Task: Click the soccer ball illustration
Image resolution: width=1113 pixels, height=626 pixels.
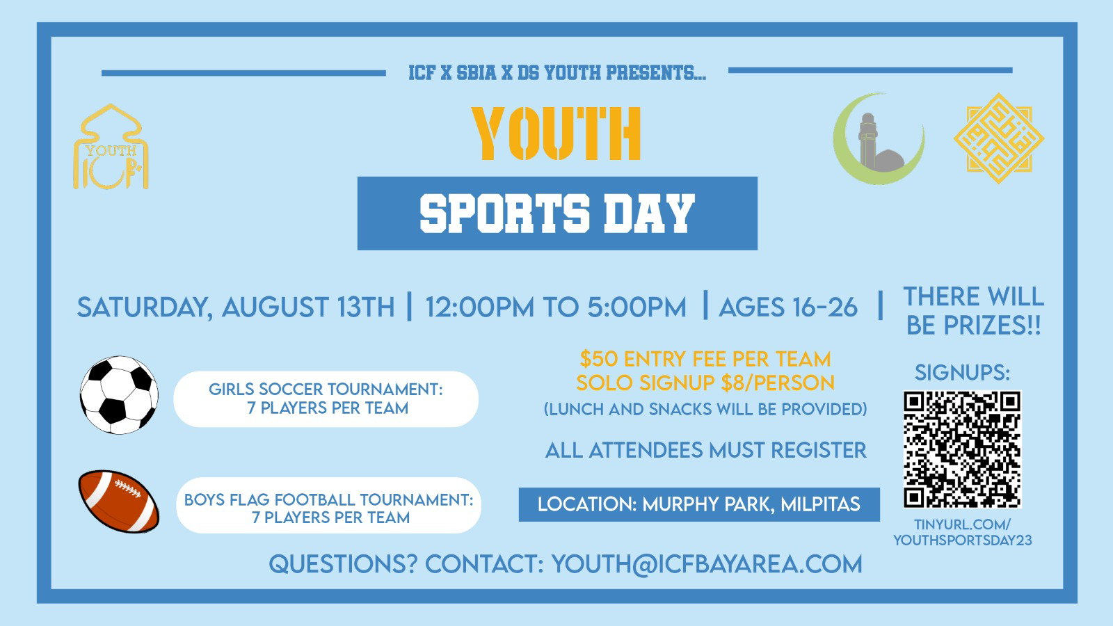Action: coord(119,395)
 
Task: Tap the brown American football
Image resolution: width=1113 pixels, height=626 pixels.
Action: coord(119,501)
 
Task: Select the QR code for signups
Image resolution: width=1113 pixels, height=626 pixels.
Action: coord(962,449)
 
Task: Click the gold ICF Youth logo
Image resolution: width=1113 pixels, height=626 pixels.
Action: coord(111,147)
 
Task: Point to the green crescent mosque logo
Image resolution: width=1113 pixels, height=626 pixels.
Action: coord(879,139)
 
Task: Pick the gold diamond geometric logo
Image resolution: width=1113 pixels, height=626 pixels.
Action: coord(999,138)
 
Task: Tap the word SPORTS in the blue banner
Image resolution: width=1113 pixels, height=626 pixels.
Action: coord(505,214)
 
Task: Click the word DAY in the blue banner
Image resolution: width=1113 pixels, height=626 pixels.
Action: coord(650,214)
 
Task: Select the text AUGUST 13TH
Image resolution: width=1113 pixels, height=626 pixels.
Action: coord(308,307)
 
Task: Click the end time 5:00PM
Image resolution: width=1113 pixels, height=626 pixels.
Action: coord(636,307)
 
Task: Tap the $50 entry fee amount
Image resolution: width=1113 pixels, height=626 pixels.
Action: coord(599,359)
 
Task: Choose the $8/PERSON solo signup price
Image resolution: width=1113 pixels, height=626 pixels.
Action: coord(778,383)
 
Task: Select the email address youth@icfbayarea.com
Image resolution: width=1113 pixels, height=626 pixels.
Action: coord(707,564)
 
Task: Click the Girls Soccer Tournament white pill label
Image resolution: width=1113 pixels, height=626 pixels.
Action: coord(326,399)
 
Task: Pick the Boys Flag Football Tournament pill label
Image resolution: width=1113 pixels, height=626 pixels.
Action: coord(328,505)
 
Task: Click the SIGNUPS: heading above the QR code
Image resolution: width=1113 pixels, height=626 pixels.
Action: coord(963,373)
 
